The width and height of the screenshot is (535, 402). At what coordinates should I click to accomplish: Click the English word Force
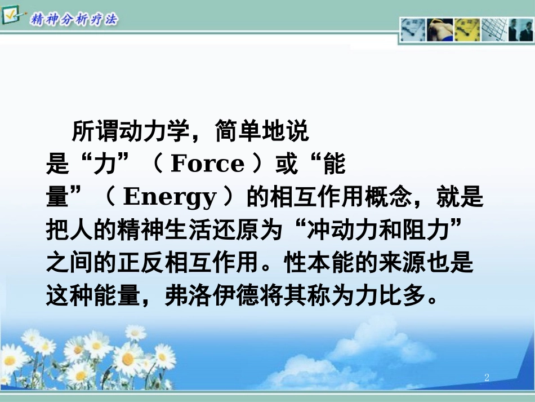207,164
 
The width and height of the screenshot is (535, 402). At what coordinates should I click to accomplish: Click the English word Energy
170,197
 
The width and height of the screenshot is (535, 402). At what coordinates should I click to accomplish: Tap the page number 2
487,377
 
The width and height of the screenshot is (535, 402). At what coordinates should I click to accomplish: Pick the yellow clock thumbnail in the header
467,30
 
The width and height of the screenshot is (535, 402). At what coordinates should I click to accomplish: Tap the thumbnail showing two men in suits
521,30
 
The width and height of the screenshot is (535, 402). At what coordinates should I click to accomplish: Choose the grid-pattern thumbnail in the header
494,30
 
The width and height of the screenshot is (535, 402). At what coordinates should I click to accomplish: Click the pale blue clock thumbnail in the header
413,30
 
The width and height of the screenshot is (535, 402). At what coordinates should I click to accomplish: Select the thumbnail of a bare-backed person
440,30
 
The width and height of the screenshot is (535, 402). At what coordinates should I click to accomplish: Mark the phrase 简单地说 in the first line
262,132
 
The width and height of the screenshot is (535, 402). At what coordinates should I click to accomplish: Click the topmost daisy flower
135,333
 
